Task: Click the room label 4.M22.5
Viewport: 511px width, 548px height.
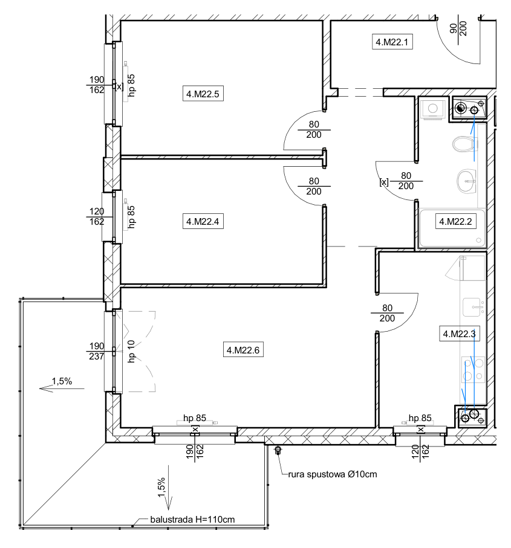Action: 203,94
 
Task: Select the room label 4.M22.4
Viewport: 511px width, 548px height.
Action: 203,221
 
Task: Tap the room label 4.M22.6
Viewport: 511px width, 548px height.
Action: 243,350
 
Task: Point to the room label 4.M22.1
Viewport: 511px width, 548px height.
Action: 392,42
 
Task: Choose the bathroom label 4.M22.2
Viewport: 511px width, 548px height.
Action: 455,221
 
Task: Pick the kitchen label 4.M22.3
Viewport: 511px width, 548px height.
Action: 459,334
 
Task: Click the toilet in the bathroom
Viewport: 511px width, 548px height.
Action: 465,144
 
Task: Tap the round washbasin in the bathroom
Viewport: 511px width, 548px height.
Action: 467,181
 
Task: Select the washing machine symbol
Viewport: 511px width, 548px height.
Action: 433,109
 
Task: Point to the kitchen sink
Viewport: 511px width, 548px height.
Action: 474,307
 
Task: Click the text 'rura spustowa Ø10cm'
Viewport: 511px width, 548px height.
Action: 333,474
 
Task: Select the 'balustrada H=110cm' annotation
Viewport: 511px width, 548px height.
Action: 192,520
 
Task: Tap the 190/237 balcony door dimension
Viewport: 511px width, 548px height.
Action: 97,351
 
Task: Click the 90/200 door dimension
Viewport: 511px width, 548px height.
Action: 458,28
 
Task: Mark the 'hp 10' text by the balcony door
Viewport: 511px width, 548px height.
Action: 131,351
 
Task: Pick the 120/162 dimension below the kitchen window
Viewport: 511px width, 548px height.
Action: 420,451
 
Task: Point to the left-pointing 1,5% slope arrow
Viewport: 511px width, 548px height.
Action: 62,388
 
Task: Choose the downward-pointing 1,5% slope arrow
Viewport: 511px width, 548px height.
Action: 168,488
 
